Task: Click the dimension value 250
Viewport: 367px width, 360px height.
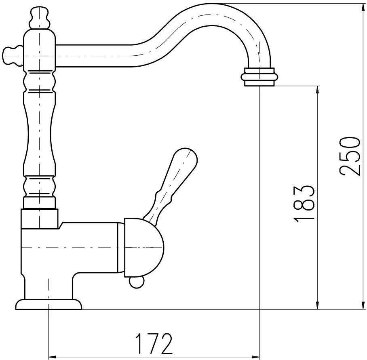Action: click(x=349, y=156)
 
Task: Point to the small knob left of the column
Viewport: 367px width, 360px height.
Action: click(x=13, y=56)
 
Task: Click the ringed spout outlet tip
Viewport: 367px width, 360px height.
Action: click(x=259, y=77)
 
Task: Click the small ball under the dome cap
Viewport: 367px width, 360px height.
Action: click(x=136, y=282)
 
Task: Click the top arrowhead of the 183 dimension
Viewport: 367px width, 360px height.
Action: click(x=317, y=90)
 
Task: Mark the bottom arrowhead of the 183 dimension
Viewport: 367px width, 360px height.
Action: click(x=317, y=305)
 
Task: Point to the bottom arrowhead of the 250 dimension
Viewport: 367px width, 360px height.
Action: click(x=363, y=305)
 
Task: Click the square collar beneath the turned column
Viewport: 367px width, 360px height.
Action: click(x=40, y=218)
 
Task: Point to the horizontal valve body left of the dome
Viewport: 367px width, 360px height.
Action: click(x=70, y=248)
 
